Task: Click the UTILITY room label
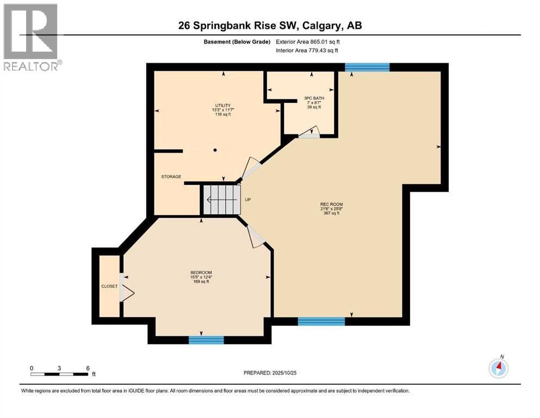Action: tap(222, 106)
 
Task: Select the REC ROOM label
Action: tap(331, 205)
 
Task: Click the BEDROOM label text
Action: tap(201, 273)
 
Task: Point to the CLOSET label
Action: tap(109, 286)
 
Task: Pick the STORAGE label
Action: tap(171, 176)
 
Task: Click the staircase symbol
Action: tap(221, 200)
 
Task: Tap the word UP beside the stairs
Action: tap(247, 200)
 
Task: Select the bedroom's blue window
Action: tap(206, 340)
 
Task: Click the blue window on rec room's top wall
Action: tap(367, 67)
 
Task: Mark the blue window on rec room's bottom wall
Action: tap(321, 321)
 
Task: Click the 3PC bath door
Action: tap(310, 132)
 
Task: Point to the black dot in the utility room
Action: tap(215, 150)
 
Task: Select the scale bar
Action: tap(59, 373)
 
